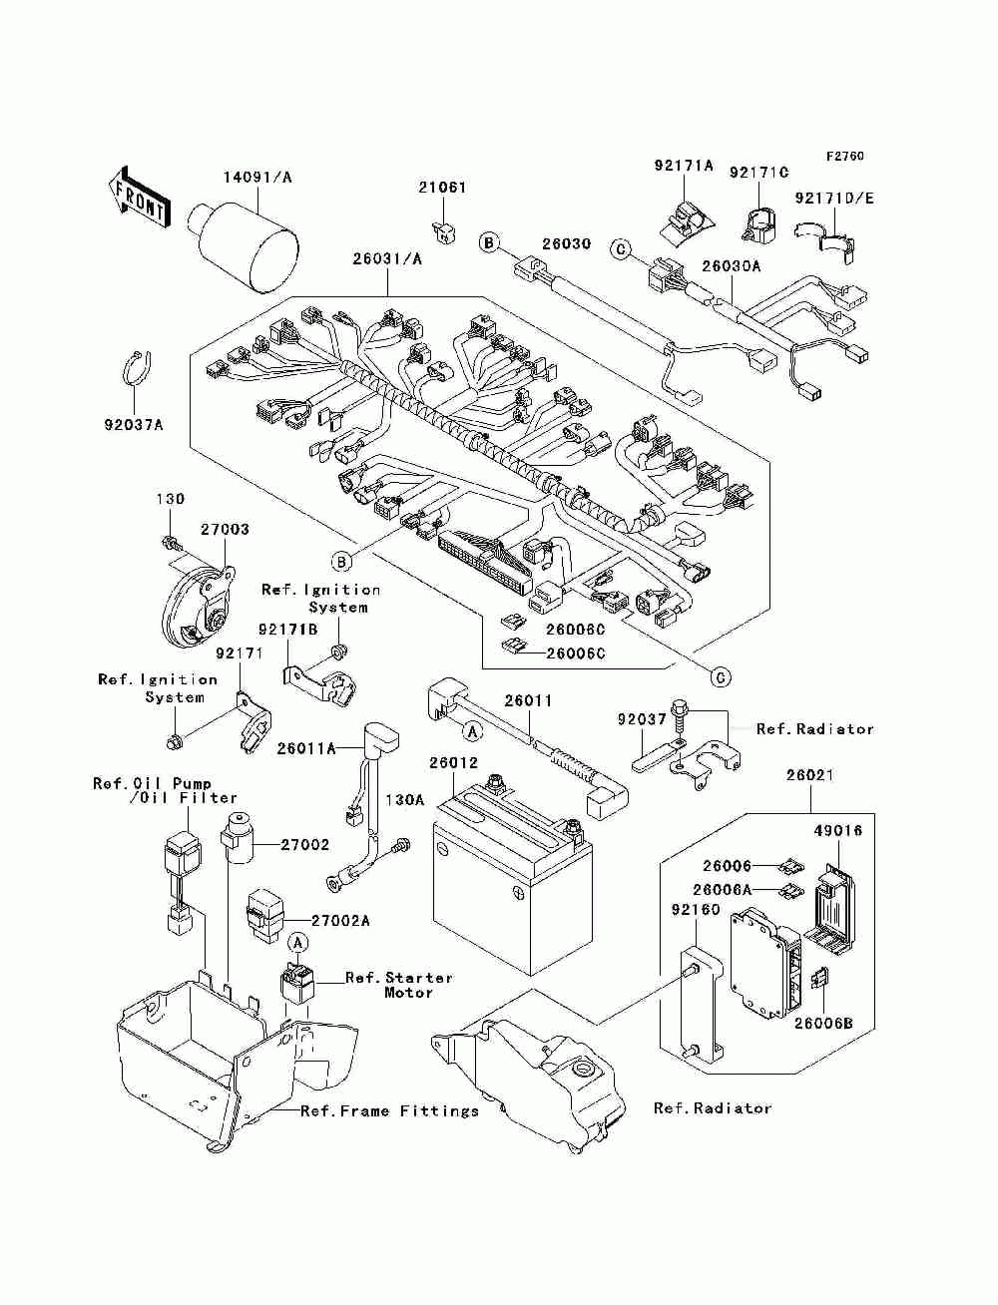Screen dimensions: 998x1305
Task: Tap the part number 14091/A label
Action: click(257, 178)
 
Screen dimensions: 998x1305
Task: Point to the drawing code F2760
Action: click(844, 157)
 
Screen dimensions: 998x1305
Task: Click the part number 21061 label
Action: click(442, 188)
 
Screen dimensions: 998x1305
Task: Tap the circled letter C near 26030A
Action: click(621, 250)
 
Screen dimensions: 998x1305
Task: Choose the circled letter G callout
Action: click(721, 677)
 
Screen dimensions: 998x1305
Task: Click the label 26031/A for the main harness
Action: click(387, 258)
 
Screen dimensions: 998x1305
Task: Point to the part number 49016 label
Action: click(838, 830)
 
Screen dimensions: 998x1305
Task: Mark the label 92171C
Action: click(758, 173)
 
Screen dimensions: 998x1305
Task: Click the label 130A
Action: click(404, 800)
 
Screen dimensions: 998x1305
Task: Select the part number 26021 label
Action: click(810, 775)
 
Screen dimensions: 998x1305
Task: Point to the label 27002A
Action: click(340, 921)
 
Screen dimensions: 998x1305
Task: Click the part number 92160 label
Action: click(696, 909)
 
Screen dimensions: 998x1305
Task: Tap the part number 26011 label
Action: click(528, 700)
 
